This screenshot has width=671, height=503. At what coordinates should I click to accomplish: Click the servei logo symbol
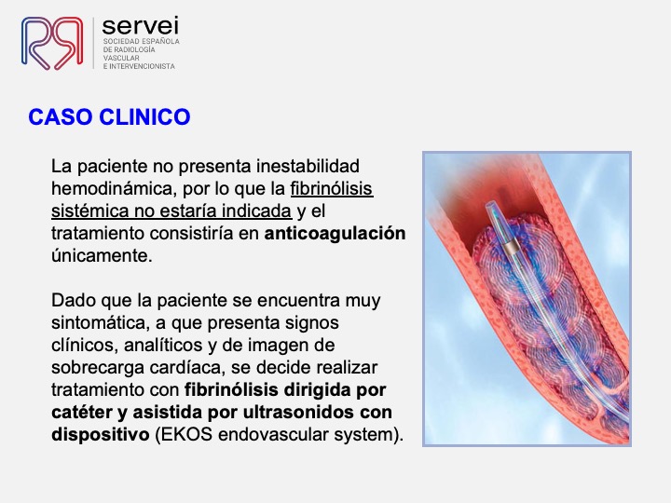coord(52,43)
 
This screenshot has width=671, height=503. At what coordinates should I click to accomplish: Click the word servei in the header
coord(141,26)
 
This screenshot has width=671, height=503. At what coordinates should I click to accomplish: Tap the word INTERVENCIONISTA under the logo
coord(142,66)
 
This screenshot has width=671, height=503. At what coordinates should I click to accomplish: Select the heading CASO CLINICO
coord(109,117)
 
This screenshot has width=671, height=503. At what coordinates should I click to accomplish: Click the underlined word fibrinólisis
coord(332,188)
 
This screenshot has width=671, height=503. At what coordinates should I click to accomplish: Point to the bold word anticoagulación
coord(335,234)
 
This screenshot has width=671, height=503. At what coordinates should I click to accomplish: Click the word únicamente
coord(102,256)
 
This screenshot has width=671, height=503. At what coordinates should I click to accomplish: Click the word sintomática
coord(100,323)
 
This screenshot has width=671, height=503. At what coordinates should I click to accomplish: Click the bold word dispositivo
coord(100,435)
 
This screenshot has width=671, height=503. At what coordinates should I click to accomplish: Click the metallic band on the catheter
coord(511,247)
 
